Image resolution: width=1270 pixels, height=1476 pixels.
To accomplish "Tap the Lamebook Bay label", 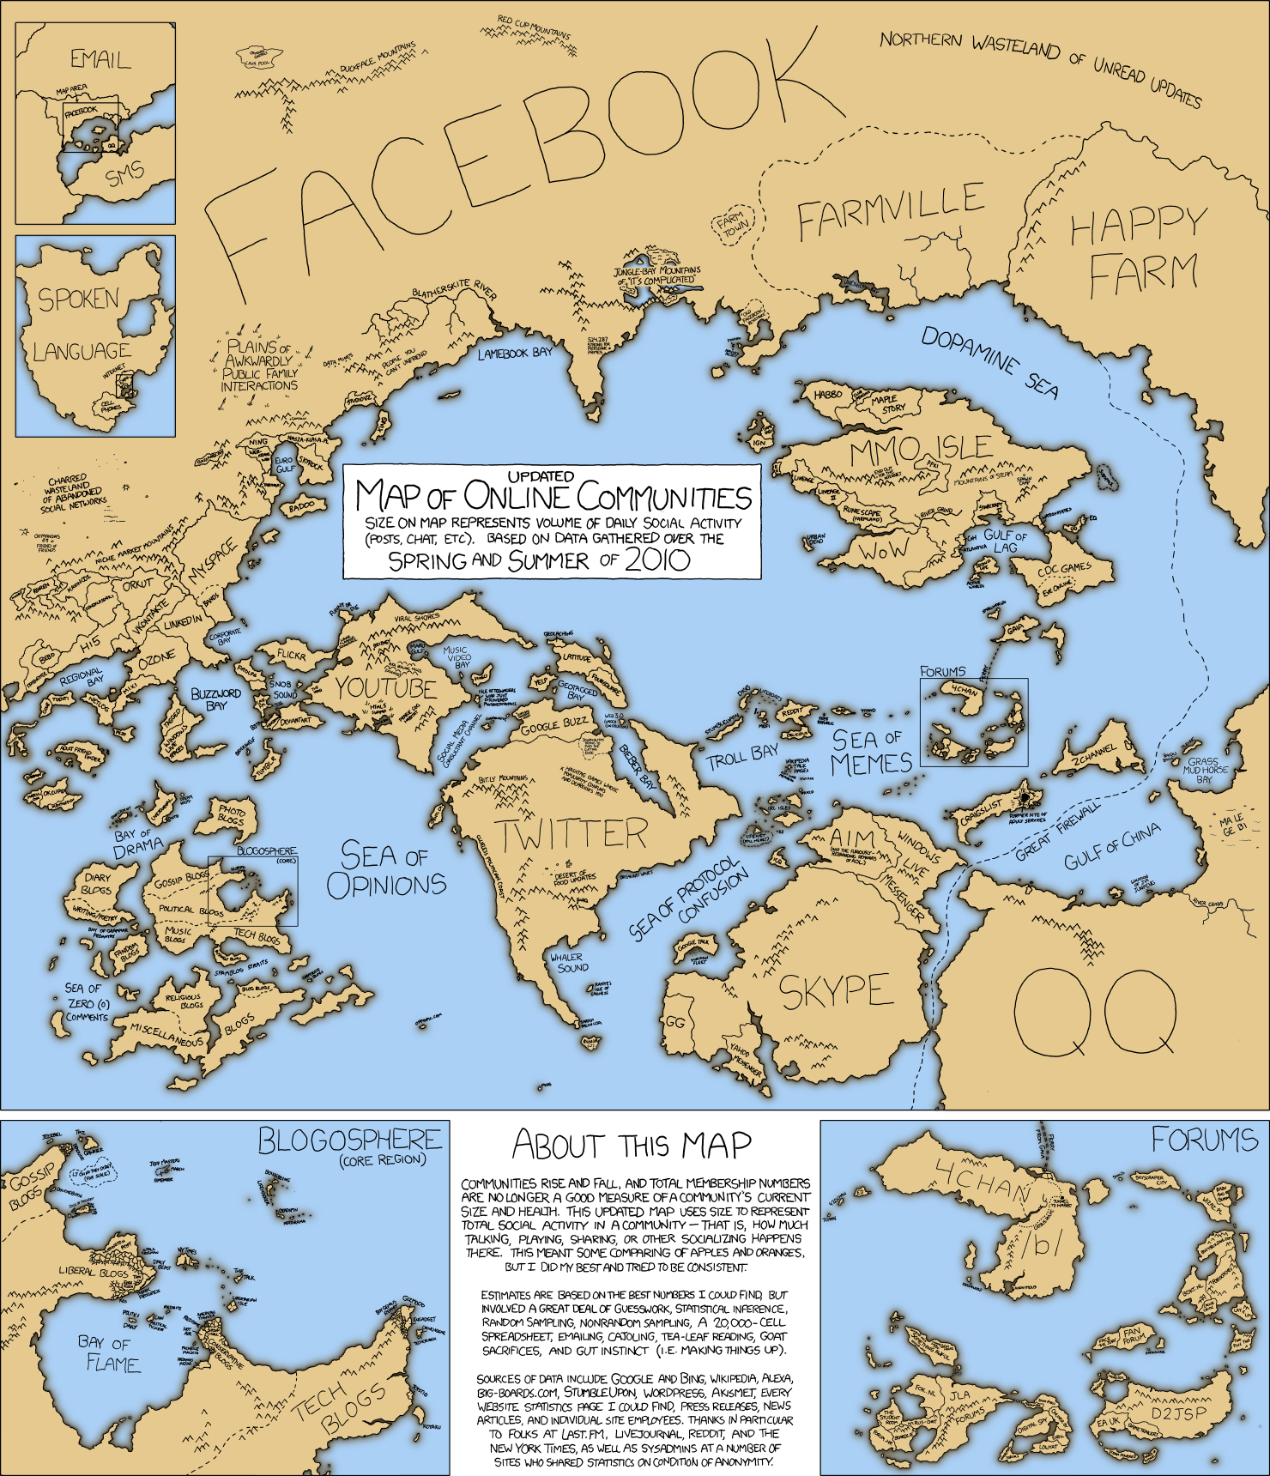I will pos(515,353).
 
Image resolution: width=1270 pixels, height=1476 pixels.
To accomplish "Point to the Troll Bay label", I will pos(741,757).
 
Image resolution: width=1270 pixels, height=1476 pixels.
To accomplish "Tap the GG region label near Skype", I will pos(675,1023).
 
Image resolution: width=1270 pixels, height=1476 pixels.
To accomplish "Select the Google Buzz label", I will pos(555,725).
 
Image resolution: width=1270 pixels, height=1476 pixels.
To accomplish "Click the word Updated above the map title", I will pos(541,476).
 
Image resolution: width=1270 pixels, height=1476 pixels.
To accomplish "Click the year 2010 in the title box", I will pos(657,561).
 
